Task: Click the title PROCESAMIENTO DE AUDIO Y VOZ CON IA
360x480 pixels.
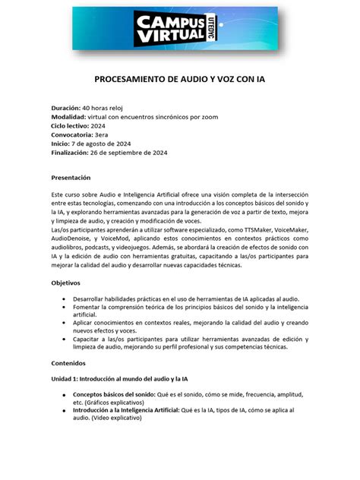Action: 179,79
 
